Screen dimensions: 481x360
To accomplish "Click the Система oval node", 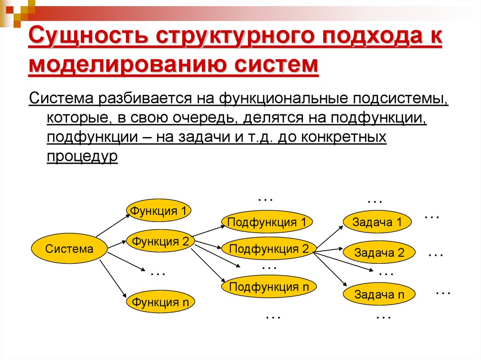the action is tap(69, 249).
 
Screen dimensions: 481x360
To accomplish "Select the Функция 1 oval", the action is tap(160, 211).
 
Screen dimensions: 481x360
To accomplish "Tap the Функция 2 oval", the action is tap(160, 242).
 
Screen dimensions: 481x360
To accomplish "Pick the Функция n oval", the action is tap(160, 302).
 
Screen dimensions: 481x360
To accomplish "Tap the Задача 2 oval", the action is tap(379, 253).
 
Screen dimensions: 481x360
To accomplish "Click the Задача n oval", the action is tap(379, 295).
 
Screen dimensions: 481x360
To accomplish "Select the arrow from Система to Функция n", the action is tap(113, 278).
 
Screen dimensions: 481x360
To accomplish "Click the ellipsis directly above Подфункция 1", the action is tap(266, 199).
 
